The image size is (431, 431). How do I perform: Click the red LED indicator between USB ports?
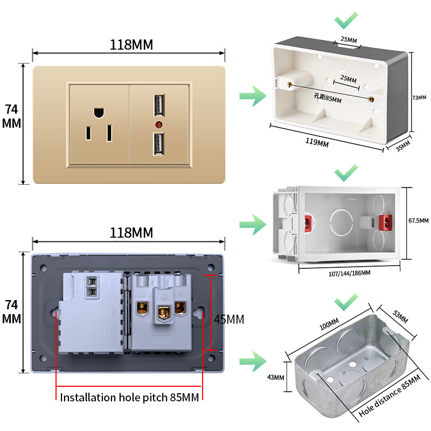click(159, 124)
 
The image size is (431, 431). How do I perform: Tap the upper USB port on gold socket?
click(159, 106)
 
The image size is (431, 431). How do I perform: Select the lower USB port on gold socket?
click(159, 144)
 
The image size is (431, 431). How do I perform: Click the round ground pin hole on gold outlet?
click(98, 113)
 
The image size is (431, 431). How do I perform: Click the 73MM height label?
click(419, 98)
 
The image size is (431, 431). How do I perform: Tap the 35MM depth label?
click(402, 145)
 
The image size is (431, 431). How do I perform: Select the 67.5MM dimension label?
click(419, 220)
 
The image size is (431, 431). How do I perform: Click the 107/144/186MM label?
click(349, 273)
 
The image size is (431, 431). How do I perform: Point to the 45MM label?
click(228, 319)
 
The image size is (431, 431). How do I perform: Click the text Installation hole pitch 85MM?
click(129, 398)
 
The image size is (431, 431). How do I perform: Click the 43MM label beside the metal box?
click(275, 377)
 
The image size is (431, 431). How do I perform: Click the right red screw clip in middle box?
click(385, 222)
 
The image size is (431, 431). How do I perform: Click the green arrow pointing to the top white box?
click(253, 98)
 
